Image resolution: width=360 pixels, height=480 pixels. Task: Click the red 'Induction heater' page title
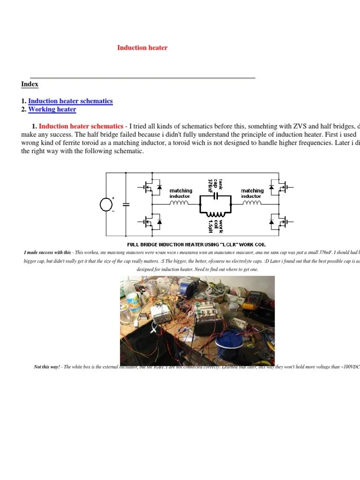point(142,48)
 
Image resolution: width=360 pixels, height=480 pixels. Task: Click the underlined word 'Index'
point(30,84)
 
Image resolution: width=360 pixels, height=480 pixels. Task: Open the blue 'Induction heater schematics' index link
point(70,101)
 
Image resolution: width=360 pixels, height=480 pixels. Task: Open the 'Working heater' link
point(52,110)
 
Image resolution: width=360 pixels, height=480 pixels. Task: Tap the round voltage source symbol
point(106,205)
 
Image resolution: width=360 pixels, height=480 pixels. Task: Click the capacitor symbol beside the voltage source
point(126,204)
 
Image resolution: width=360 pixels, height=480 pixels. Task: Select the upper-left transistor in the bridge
point(150,188)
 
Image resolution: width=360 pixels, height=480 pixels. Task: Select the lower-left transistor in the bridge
point(150,221)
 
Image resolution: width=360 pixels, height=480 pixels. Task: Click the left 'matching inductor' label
point(180,193)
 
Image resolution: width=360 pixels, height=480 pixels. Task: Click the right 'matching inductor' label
point(252,193)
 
